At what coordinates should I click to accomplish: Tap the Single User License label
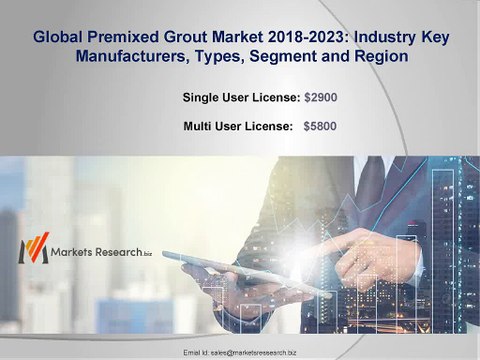click(240, 97)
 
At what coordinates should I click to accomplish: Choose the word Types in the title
click(222, 58)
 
